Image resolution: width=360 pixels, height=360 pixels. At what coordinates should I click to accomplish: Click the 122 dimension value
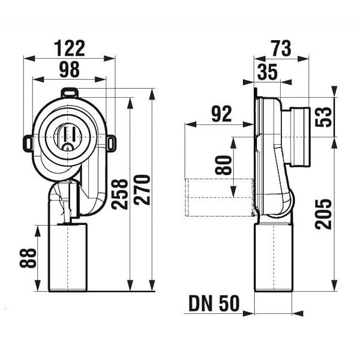pos(70,48)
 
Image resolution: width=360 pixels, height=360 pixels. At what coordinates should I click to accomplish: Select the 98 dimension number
pos(70,70)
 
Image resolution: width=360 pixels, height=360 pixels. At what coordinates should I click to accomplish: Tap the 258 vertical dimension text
pos(119,194)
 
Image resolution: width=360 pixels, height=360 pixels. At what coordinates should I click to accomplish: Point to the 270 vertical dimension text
pos(142,190)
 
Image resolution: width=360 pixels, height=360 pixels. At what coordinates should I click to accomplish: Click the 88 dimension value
pos(28,258)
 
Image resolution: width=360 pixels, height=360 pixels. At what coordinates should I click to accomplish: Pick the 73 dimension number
pos(281,49)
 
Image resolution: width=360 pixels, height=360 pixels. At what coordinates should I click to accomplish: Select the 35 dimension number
pos(268,72)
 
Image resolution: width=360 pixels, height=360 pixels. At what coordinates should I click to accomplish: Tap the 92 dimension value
pos(221,114)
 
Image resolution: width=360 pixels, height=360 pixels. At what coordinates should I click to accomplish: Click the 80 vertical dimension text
pos(223,165)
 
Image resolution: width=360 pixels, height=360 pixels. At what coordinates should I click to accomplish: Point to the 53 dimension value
pos(323,116)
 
